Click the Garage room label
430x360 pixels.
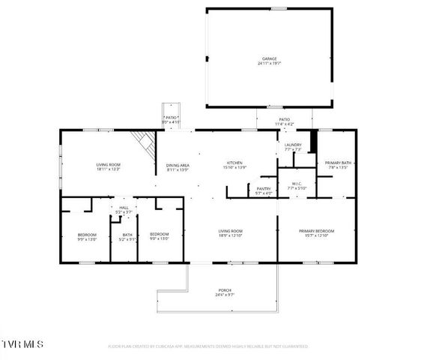pos(269,58)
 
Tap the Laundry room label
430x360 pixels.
pos(292,145)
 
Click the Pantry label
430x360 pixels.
pos(263,189)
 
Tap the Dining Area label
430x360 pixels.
pos(178,165)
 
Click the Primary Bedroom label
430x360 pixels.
pos(316,231)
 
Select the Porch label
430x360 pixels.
pos(225,291)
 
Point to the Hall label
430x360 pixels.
pos(124,208)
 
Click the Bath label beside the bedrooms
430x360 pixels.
pos(127,235)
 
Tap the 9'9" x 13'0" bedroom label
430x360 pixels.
pos(87,235)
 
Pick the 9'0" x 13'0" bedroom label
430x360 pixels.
pos(159,235)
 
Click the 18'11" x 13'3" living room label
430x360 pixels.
pos(108,165)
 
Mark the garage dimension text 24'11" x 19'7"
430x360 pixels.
pos(269,64)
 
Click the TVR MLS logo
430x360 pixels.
pos(22,343)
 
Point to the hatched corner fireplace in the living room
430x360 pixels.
pos(142,139)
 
